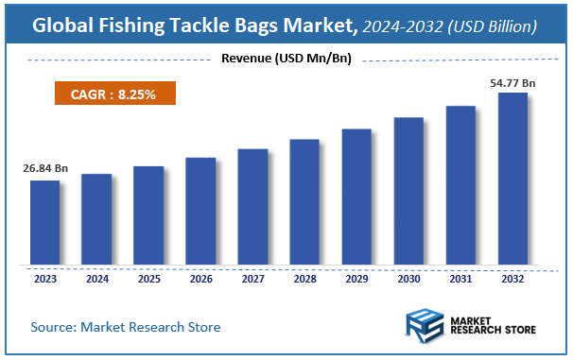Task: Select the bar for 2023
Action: click(x=44, y=222)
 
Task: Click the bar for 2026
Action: click(x=200, y=211)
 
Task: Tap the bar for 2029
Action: click(x=356, y=197)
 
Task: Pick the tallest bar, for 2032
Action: click(x=512, y=179)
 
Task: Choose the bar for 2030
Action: click(x=408, y=191)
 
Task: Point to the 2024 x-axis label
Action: click(x=96, y=279)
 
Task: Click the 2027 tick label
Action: click(x=252, y=279)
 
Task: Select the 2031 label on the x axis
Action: click(x=460, y=279)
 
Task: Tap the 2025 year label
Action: click(x=148, y=279)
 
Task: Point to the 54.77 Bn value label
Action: click(x=512, y=83)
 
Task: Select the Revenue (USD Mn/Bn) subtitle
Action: click(x=286, y=60)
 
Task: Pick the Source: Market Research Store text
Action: click(x=126, y=327)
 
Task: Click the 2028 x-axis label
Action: click(x=304, y=279)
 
